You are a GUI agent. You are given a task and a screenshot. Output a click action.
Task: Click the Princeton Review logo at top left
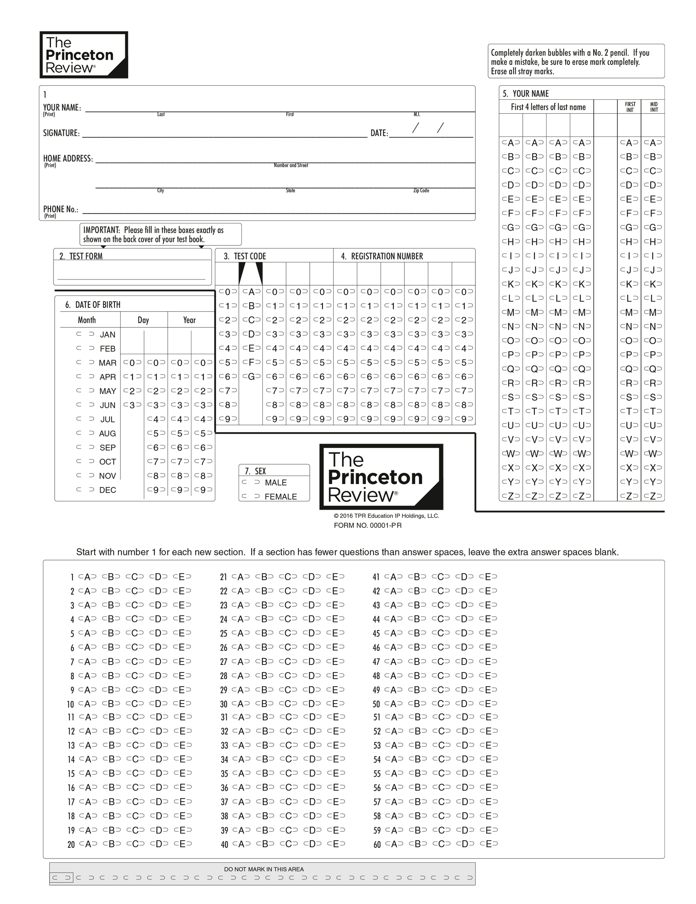pos(84,55)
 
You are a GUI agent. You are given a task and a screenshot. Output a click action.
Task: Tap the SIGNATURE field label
pos(61,133)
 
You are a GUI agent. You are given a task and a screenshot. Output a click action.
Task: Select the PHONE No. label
pos(61,209)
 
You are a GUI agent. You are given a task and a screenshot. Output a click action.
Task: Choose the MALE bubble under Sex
pos(251,482)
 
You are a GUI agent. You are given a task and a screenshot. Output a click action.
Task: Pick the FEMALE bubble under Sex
pos(251,496)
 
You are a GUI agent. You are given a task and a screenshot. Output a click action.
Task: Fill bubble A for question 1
pos(87,577)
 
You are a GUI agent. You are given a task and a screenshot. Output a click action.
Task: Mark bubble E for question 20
pos(182,844)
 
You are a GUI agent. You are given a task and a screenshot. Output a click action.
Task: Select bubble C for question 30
pos(288,704)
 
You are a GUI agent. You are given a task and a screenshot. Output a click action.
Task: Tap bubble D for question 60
pos(465,844)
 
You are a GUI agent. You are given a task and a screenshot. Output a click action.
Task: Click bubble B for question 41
pos(417,577)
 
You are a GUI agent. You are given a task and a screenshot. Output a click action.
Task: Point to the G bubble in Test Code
pos(251,377)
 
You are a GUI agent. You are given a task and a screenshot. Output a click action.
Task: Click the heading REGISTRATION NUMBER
pos(387,256)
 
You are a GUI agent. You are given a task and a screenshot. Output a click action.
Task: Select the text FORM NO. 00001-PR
pos(368,526)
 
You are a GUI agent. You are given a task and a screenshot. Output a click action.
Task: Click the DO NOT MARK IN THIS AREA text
pos(264,869)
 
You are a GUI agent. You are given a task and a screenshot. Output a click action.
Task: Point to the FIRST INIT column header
pos(630,107)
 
